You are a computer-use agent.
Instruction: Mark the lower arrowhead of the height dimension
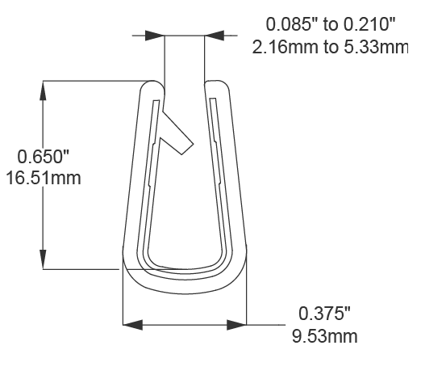[x=42, y=259]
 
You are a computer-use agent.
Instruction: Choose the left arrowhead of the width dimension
[x=132, y=325]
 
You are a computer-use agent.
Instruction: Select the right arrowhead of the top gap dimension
[x=215, y=35]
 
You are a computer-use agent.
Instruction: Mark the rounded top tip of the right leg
[x=216, y=84]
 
